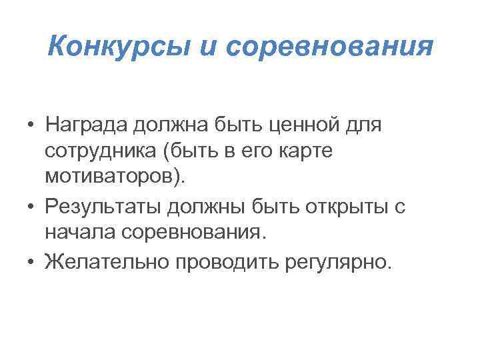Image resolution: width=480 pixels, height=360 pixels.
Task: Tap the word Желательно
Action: coord(107,261)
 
